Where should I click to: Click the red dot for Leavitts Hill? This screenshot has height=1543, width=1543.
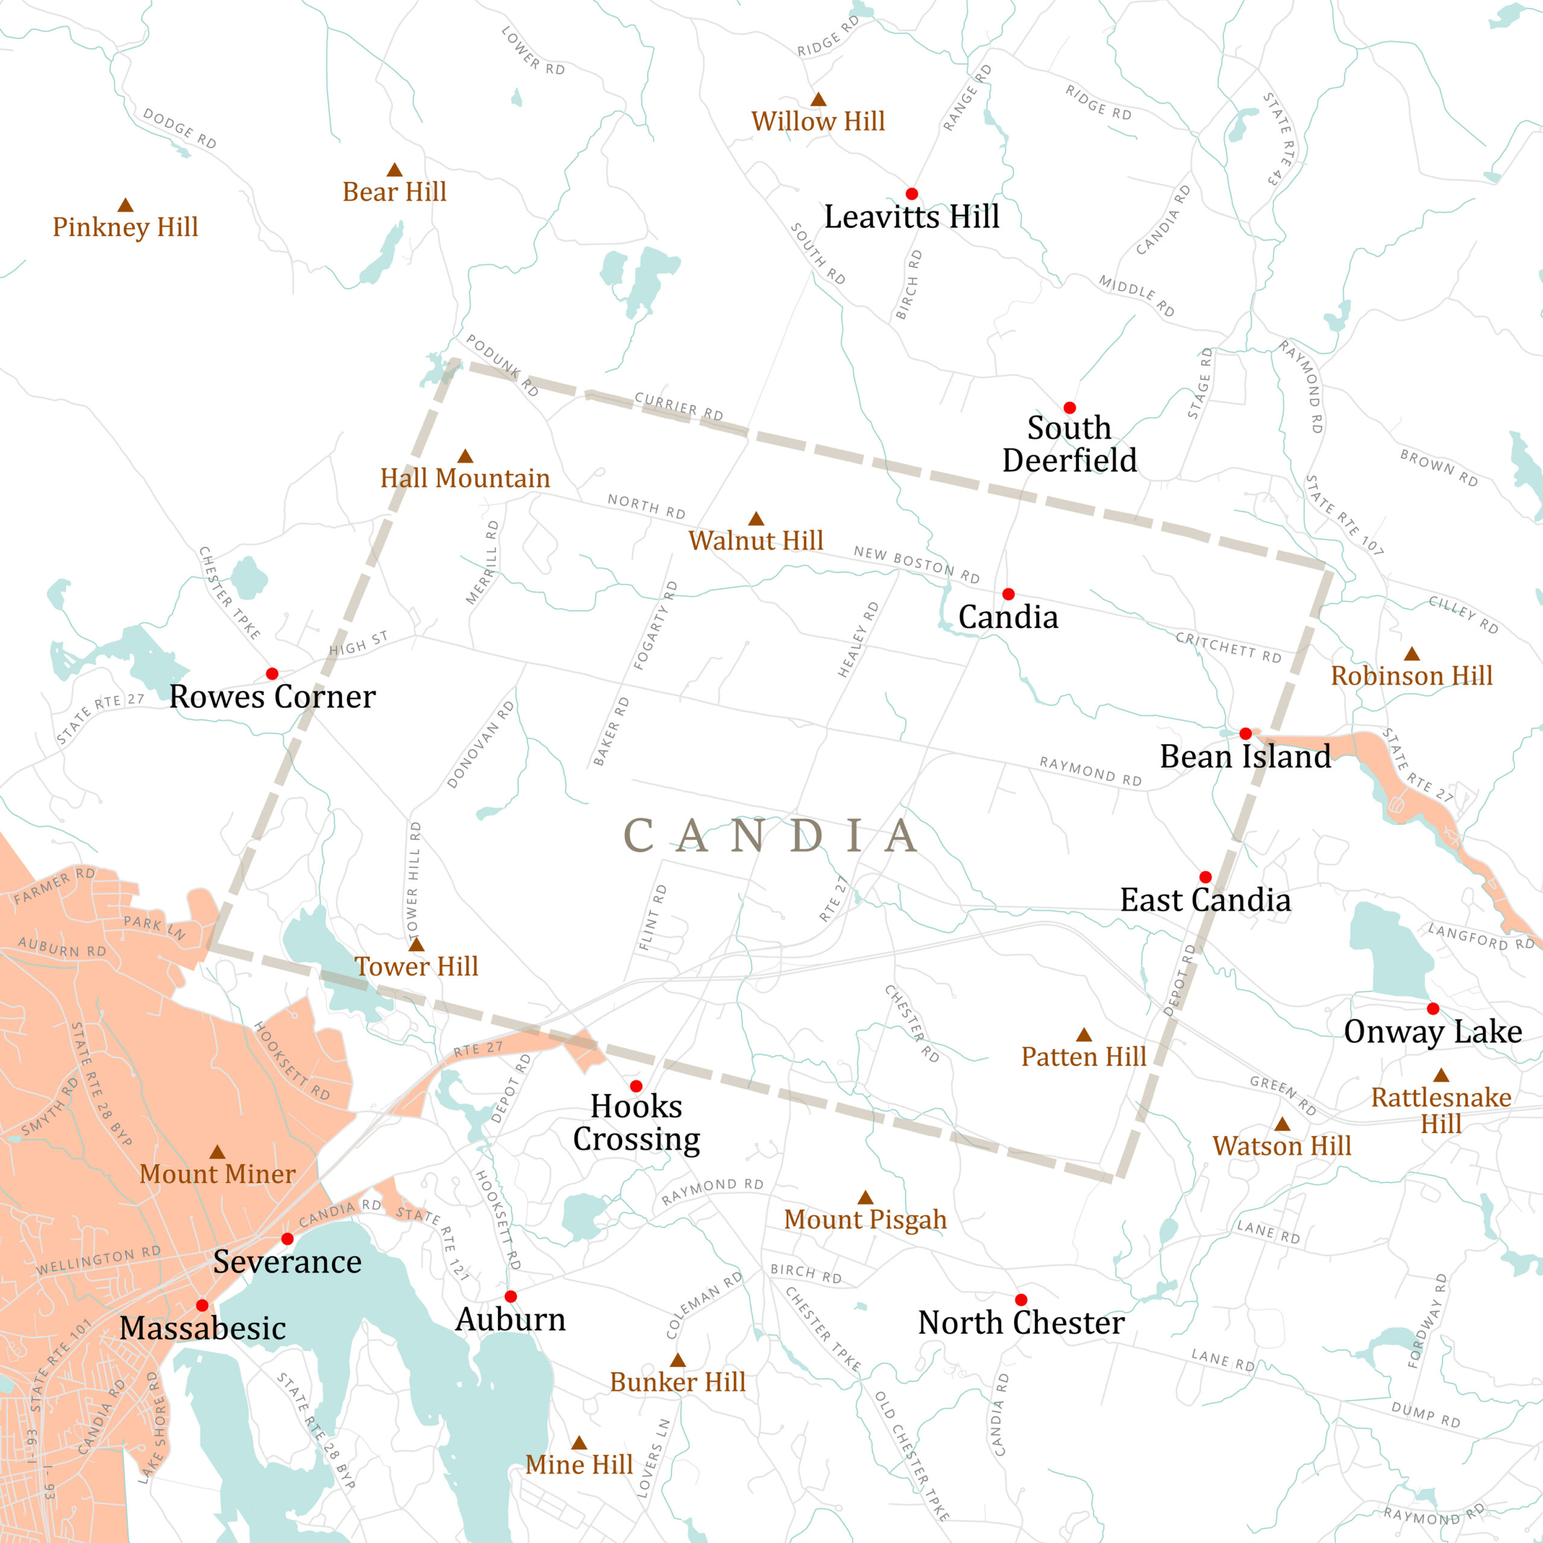pos(911,194)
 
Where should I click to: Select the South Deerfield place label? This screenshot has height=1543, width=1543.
pos(1069,444)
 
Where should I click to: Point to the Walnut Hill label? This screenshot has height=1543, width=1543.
pos(755,541)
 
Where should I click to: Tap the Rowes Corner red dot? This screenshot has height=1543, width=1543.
pos(272,673)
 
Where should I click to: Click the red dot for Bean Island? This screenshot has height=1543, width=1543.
pos(1245,733)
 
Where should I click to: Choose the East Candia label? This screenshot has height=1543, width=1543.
pos(1205,900)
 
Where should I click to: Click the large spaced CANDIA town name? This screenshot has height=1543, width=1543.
pos(771,835)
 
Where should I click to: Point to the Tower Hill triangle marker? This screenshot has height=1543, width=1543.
pos(416,945)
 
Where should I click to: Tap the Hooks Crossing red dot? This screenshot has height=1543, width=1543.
pos(636,1086)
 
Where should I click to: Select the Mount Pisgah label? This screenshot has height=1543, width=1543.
pos(865,1219)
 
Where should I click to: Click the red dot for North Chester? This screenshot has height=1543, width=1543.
pos(1020,1299)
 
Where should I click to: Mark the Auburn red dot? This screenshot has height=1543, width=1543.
pos(511,1296)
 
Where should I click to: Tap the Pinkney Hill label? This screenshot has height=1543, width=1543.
pos(125,227)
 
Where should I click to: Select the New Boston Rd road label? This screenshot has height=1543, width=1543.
pos(916,564)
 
